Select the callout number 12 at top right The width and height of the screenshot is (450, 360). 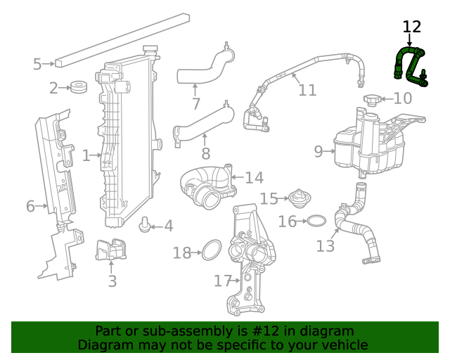(x=411, y=27)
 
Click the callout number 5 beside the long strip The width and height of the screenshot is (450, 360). (x=37, y=65)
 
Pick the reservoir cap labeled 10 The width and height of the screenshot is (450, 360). (x=373, y=99)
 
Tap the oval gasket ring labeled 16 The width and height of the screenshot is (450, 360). (x=316, y=221)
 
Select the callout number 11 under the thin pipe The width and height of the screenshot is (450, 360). (x=307, y=91)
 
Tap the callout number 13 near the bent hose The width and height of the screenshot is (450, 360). (x=326, y=246)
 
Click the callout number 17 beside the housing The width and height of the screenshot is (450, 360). (x=223, y=281)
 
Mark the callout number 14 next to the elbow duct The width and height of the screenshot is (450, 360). (x=254, y=178)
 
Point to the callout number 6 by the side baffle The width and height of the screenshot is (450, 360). (x=30, y=207)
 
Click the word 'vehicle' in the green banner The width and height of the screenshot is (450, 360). (x=342, y=345)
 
